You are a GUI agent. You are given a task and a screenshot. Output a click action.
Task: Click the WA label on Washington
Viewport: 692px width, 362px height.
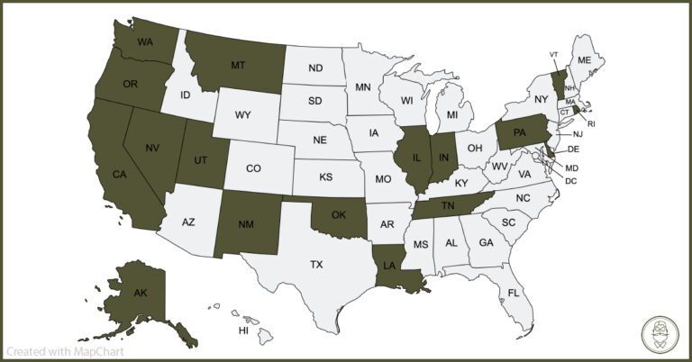[144, 42]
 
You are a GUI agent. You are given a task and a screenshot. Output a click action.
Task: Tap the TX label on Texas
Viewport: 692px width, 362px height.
[316, 265]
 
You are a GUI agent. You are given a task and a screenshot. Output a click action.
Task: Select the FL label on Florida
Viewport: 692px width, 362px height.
[513, 294]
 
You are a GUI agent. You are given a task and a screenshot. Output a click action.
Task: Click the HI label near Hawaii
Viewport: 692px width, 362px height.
[243, 330]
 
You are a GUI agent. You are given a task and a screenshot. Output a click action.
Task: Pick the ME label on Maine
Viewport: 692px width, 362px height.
[584, 59]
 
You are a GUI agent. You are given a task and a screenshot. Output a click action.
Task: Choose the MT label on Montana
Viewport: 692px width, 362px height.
[238, 65]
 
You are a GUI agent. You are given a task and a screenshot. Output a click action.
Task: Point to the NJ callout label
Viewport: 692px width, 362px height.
[578, 134]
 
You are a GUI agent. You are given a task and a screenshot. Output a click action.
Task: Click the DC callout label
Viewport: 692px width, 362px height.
[570, 181]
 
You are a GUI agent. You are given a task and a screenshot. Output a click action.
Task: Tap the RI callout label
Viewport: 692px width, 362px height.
[591, 122]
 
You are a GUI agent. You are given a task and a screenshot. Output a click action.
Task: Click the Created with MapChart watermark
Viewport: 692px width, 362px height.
[65, 351]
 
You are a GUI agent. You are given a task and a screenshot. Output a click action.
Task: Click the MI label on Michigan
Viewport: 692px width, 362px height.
[452, 117]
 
